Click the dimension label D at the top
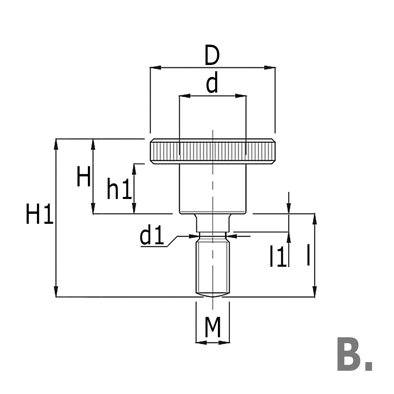212,56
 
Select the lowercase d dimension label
212,84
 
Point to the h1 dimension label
119,190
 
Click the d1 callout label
152,236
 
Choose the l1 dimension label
278,256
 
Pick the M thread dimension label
213,328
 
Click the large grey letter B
349,354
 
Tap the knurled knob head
212,151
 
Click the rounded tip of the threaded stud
212,294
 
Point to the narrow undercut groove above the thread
212,236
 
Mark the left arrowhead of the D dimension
155,68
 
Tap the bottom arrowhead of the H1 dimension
57,292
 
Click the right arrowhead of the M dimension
225,342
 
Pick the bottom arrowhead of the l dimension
314,292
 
